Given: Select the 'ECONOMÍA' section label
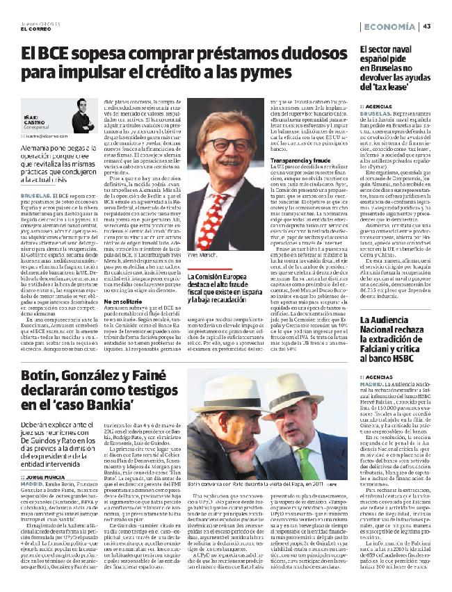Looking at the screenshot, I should pos(389,26).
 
